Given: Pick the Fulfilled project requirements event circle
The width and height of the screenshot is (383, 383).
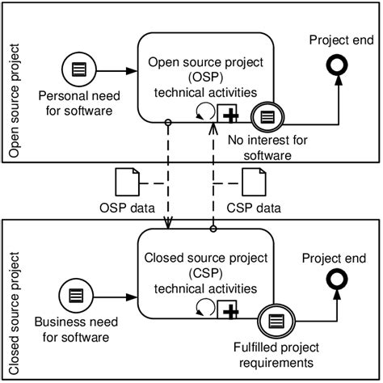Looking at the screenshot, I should [x=276, y=321].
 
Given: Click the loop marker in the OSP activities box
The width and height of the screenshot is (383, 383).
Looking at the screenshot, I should [x=205, y=113].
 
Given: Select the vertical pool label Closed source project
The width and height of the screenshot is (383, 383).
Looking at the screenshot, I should [x=14, y=299].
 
